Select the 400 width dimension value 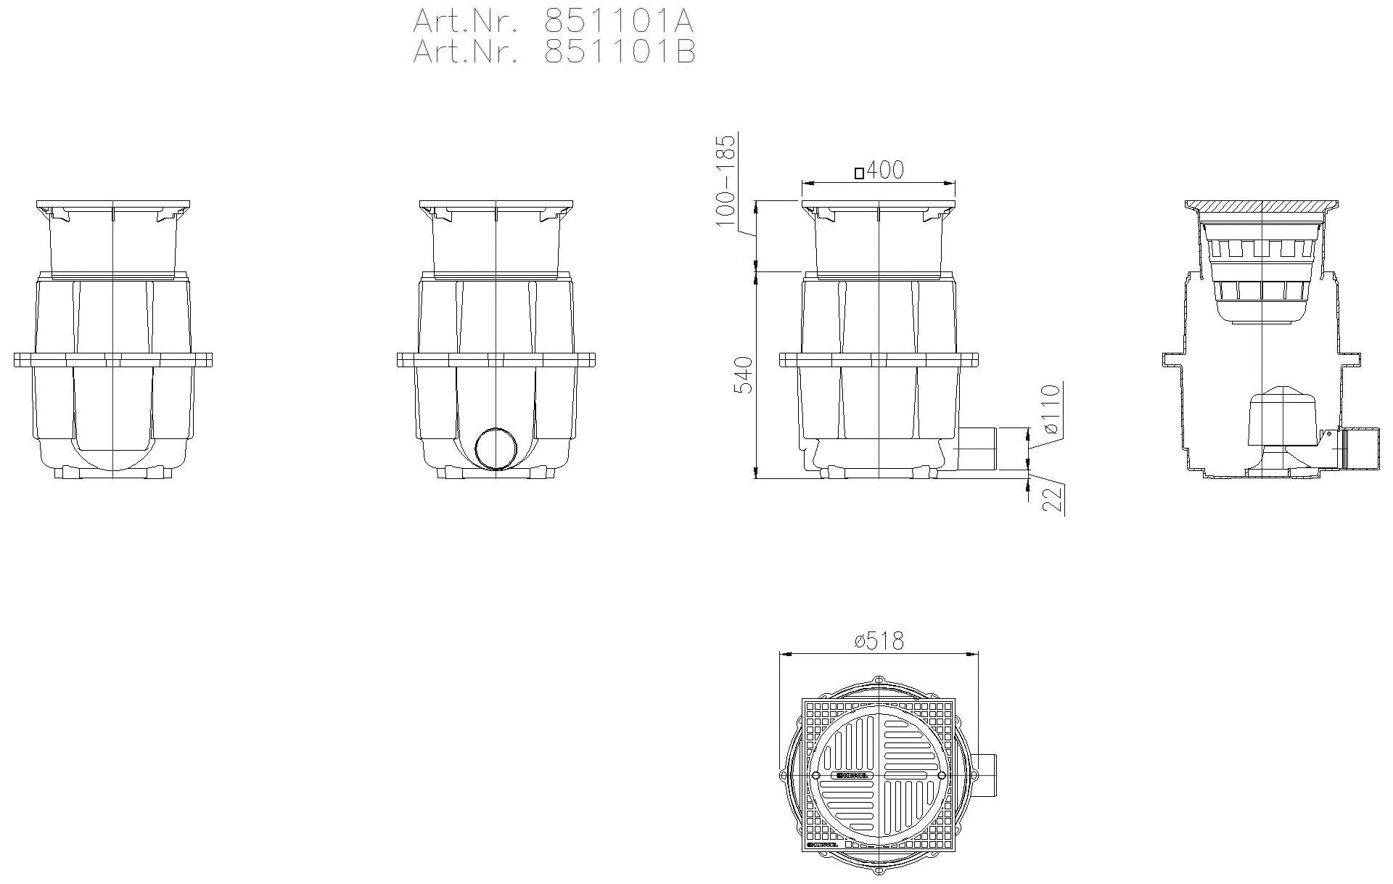click(x=885, y=171)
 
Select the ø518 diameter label click(x=879, y=642)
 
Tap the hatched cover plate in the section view click(x=1262, y=207)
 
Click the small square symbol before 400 click(x=859, y=173)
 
